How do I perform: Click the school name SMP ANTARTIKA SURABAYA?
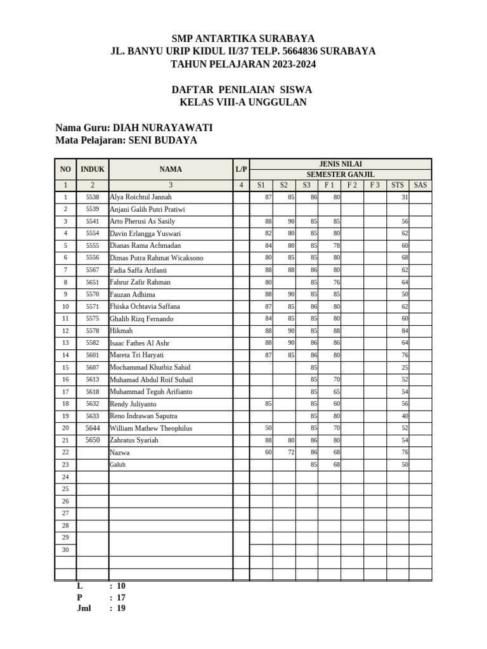[x=243, y=39]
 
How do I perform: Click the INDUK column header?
[x=93, y=169]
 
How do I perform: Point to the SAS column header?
[x=420, y=185]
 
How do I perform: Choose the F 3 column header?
[x=375, y=185]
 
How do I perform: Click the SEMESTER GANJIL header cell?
[x=341, y=174]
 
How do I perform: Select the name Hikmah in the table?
[x=121, y=331]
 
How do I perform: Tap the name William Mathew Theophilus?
[x=151, y=428]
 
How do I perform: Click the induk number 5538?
[x=93, y=198]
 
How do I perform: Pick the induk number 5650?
[x=93, y=440]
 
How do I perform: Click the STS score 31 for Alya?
[x=405, y=198]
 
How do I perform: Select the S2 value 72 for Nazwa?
[x=291, y=453]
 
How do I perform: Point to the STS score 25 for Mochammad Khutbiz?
[x=405, y=368]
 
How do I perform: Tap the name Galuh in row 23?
[x=118, y=465]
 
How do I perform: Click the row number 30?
[x=65, y=549]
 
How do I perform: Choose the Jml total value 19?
[x=121, y=608]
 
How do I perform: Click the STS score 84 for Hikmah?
[x=405, y=331]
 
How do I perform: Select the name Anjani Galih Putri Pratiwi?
[x=147, y=210]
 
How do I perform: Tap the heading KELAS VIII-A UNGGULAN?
[x=243, y=103]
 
